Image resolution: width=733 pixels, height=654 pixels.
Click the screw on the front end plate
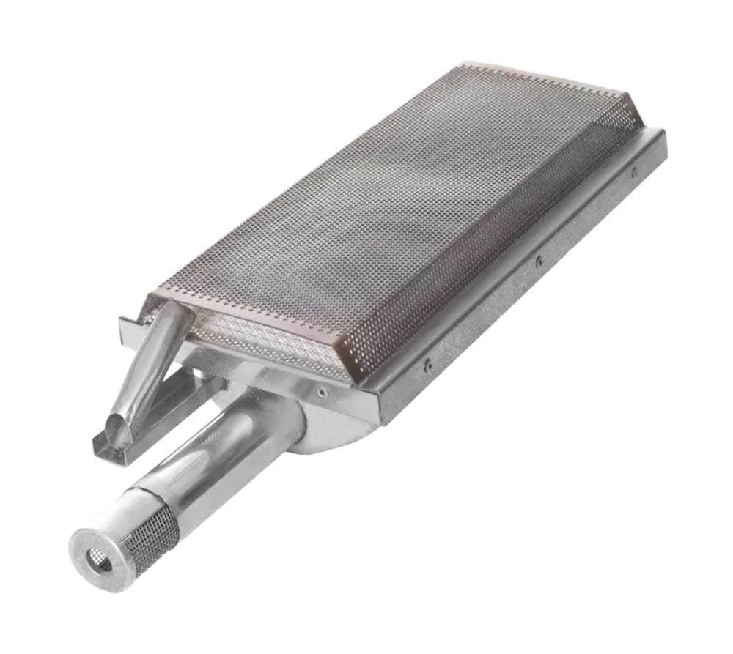coord(322,393)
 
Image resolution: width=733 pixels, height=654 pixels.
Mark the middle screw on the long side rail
coord(538,260)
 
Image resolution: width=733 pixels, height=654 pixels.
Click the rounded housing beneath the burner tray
coord(330,432)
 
